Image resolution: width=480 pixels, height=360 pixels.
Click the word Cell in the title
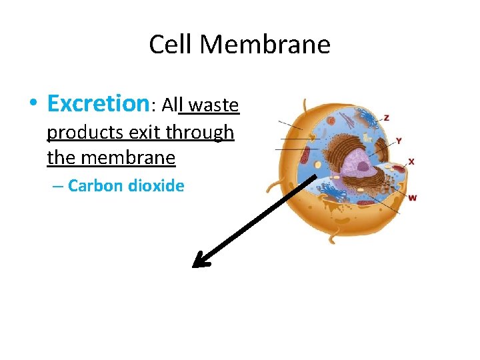[171, 45]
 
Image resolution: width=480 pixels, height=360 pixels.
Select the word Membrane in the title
[265, 45]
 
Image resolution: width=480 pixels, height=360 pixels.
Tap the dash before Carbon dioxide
[58, 187]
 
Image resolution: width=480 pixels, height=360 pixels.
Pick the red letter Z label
[387, 118]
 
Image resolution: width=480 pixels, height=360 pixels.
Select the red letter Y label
[399, 141]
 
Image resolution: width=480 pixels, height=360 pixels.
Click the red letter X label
[411, 161]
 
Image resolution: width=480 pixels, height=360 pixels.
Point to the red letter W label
[413, 198]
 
